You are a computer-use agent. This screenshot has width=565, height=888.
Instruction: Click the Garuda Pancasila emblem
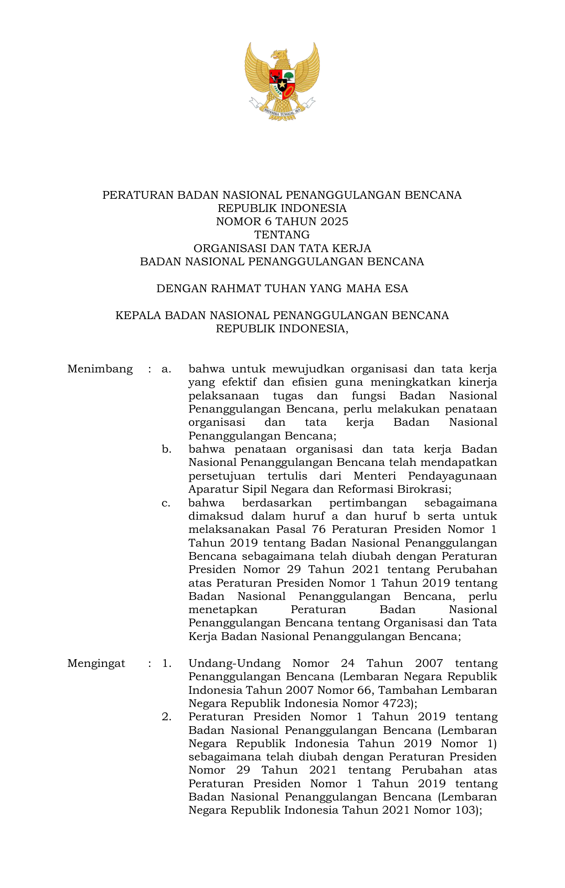(x=282, y=81)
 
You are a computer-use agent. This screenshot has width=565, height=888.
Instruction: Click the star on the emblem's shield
(x=282, y=84)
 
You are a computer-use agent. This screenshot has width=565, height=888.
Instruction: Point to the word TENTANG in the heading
(x=282, y=235)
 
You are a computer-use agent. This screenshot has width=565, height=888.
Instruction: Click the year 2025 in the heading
(x=334, y=222)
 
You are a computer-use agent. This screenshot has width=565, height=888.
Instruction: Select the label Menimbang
(x=100, y=369)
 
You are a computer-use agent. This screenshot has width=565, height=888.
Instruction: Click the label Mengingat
(x=96, y=663)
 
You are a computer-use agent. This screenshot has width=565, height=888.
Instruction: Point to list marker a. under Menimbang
(x=166, y=369)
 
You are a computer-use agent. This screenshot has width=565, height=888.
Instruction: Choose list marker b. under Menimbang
(x=166, y=449)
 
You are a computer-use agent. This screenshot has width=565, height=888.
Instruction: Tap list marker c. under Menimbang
(x=166, y=503)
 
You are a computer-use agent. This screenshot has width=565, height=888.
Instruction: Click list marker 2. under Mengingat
(x=166, y=717)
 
